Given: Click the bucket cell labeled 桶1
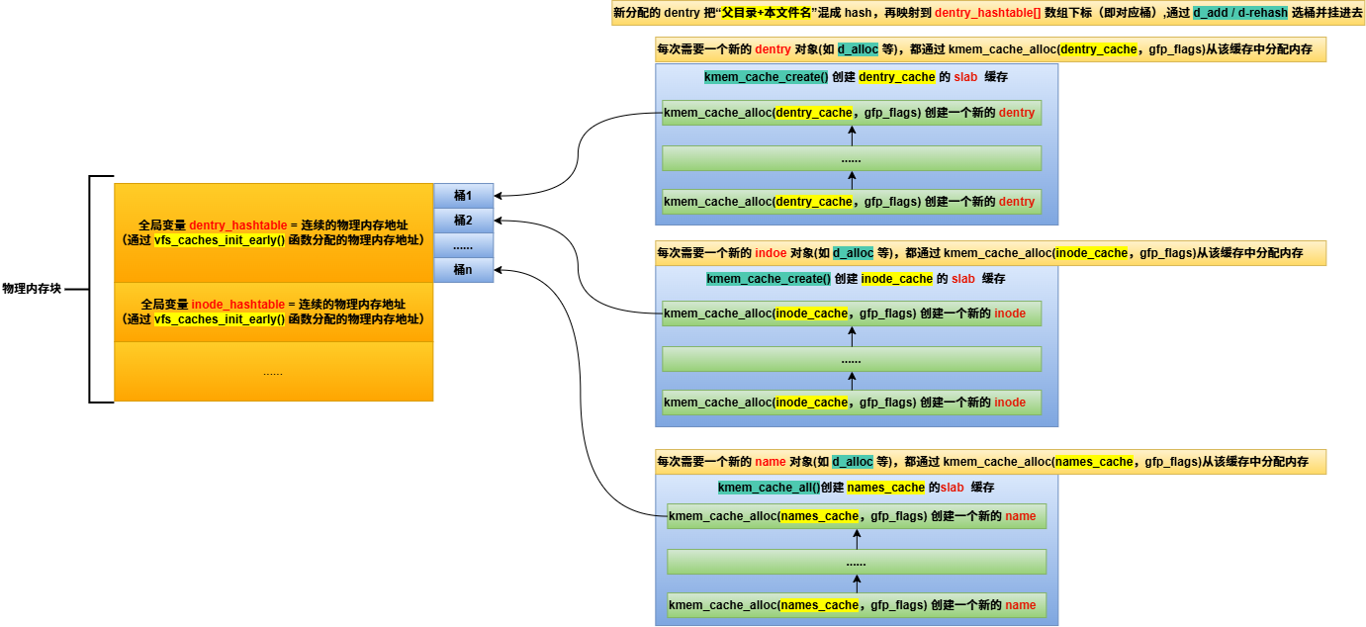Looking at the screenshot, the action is click(x=464, y=196).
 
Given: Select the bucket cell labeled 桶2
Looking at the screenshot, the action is click(x=464, y=221).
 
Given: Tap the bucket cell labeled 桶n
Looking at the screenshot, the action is click(x=464, y=270).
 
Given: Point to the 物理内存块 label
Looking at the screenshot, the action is click(x=32, y=289).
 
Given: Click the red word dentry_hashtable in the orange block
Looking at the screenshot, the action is click(x=237, y=225).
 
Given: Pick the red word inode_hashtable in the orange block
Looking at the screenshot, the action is click(x=237, y=305).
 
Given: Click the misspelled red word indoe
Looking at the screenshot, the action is click(x=771, y=253).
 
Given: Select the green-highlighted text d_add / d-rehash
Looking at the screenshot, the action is click(x=1240, y=13).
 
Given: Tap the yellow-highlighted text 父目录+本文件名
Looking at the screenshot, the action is click(x=767, y=13).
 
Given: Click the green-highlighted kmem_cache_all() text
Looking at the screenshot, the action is click(x=769, y=488).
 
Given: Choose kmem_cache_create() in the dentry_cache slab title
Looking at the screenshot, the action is click(x=766, y=77).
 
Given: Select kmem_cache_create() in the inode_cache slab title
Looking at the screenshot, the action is click(x=769, y=279).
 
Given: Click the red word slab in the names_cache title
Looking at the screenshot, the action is click(x=952, y=488).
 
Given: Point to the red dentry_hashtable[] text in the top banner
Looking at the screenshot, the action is click(x=988, y=13).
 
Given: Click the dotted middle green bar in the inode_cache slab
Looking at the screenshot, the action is click(x=852, y=359).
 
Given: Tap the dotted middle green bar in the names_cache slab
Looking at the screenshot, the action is click(x=857, y=562).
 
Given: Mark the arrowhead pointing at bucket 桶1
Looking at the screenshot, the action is click(x=498, y=196).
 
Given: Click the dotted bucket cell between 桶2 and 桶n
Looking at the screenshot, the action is click(x=464, y=245).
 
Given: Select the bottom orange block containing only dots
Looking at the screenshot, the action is click(x=274, y=372).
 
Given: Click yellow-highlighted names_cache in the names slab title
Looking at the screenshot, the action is click(x=886, y=488).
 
